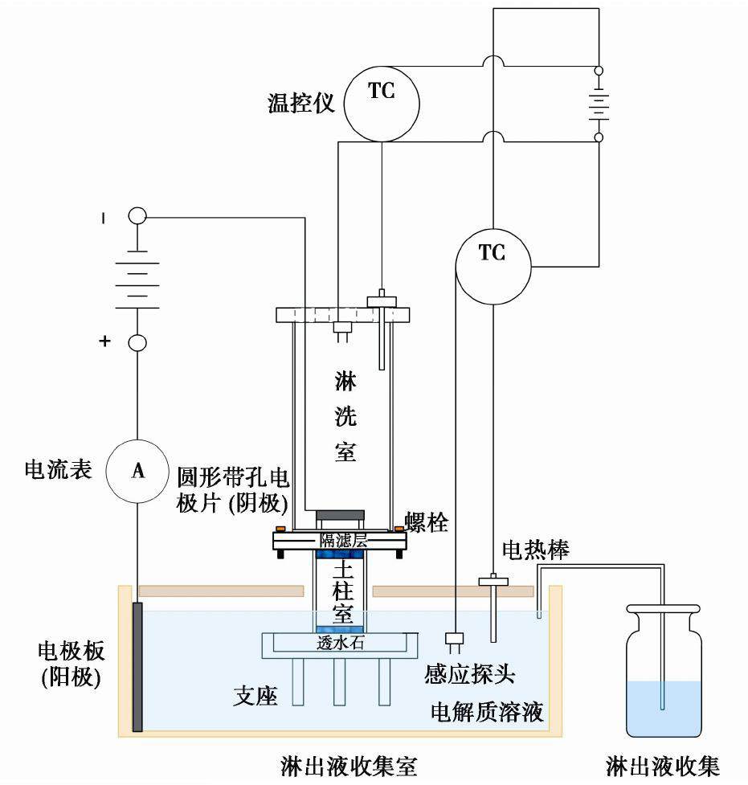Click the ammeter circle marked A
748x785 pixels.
137,472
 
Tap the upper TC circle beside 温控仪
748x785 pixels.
382,102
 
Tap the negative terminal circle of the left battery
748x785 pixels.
137,216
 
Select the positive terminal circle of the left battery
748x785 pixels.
137,343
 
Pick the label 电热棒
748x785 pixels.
536,550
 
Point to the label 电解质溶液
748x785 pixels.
488,711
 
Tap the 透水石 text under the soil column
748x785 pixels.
341,642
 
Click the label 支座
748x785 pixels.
256,695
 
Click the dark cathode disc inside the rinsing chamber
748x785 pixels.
340,514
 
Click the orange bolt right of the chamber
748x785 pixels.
399,528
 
